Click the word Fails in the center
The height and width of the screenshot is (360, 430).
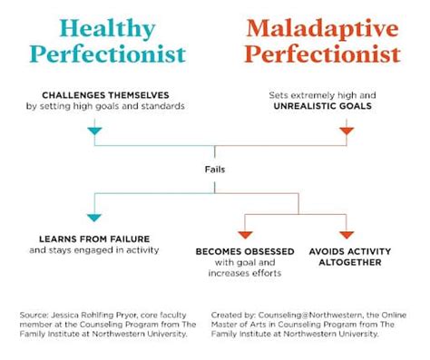pyautogui.click(x=215, y=167)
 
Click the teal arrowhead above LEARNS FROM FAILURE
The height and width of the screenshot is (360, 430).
pyautogui.click(x=93, y=218)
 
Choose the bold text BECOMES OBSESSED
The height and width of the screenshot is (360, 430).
pyautogui.click(x=243, y=250)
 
